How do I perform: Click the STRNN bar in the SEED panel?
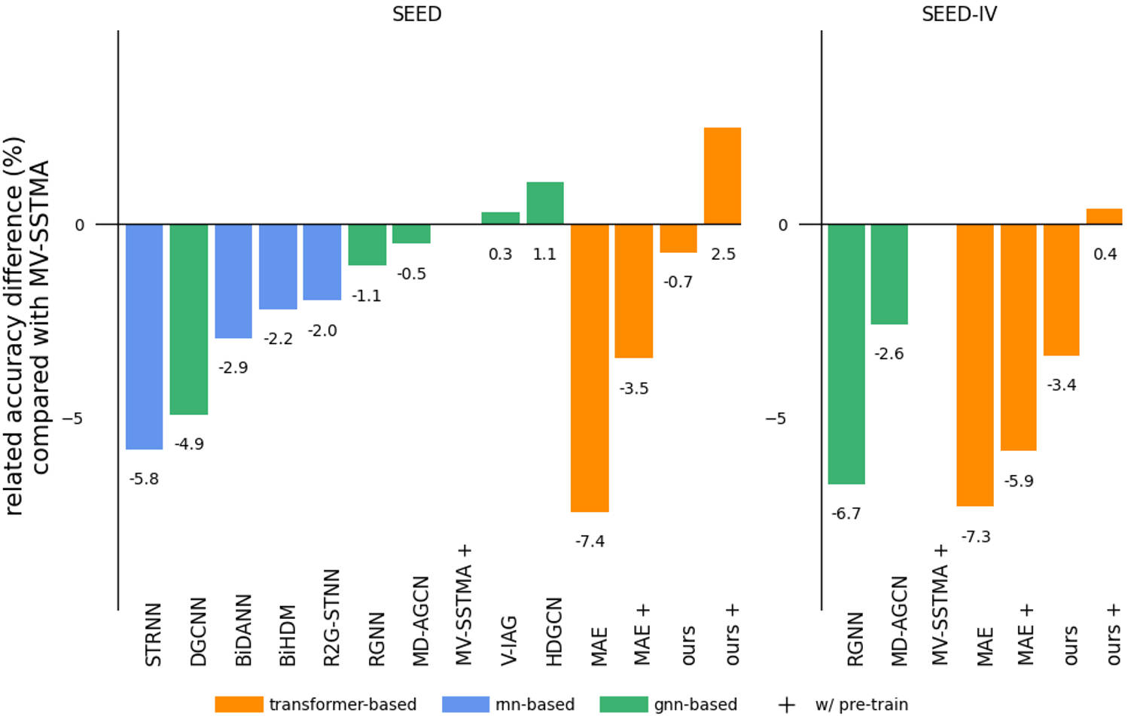coord(144,337)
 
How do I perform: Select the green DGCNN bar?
coord(188,319)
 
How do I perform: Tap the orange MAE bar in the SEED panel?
coord(590,367)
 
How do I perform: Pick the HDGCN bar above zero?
coord(545,203)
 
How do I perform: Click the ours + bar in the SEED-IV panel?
coord(1104,217)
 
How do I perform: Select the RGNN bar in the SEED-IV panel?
coord(846,354)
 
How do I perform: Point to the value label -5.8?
coord(144,479)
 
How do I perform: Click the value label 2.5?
coord(723,254)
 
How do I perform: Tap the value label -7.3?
coord(976,537)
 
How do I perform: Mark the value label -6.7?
coord(846,513)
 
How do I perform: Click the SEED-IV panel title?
coord(959,14)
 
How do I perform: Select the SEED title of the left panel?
coord(416,14)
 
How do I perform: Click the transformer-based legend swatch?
coord(239,705)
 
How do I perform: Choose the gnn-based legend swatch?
coord(623,705)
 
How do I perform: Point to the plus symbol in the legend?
coord(786,705)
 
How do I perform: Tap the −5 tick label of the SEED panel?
coord(72,419)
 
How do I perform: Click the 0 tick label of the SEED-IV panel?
coord(783,225)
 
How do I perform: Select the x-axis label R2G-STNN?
coord(331,617)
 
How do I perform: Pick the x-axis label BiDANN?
coord(243,630)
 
